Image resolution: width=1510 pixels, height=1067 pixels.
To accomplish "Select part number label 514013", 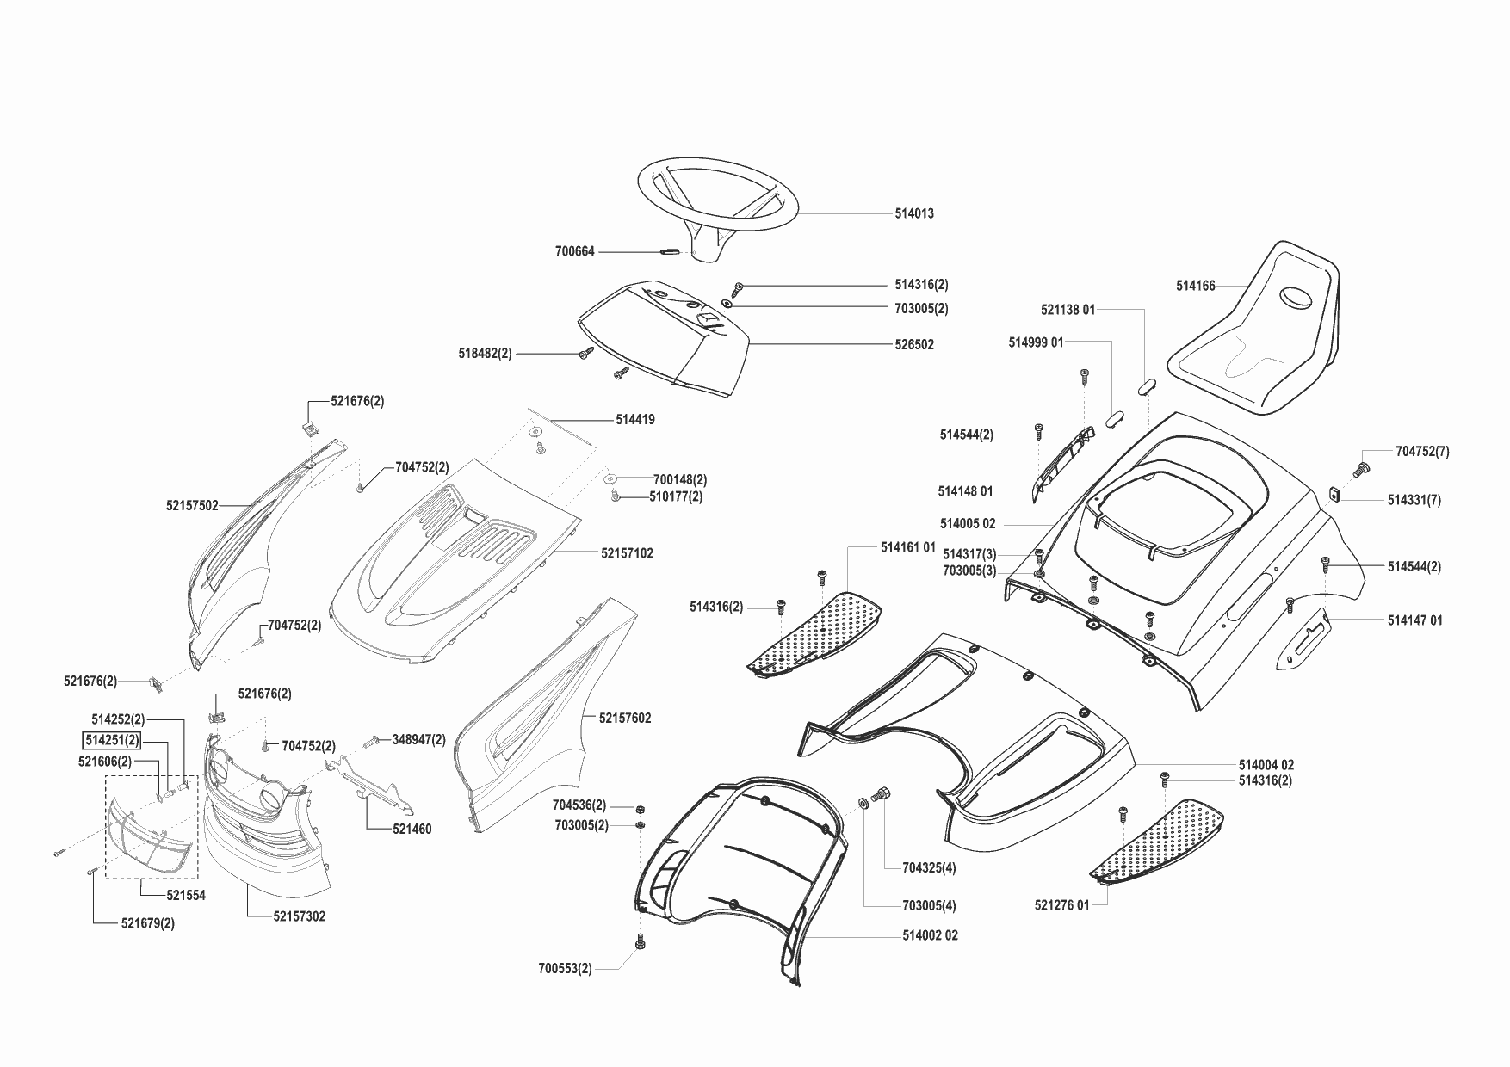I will pyautogui.click(x=913, y=213).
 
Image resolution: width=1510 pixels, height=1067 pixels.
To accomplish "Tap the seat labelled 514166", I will pyautogui.click(x=1257, y=336).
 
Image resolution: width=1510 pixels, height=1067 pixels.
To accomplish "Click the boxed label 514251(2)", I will pyautogui.click(x=111, y=740).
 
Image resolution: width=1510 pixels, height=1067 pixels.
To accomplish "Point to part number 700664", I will pyautogui.click(x=574, y=252).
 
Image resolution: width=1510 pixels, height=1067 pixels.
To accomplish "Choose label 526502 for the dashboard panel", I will pyautogui.click(x=913, y=345).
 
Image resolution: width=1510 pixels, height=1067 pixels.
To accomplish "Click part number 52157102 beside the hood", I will pyautogui.click(x=627, y=553).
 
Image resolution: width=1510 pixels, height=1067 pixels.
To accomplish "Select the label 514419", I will pyautogui.click(x=634, y=420).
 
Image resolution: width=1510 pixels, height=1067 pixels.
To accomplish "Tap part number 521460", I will pyautogui.click(x=412, y=830).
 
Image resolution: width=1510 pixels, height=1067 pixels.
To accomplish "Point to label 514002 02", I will pyautogui.click(x=930, y=935).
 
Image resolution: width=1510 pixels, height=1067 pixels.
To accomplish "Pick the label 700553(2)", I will pyautogui.click(x=565, y=969).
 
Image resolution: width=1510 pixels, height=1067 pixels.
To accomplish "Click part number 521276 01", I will pyautogui.click(x=1061, y=905).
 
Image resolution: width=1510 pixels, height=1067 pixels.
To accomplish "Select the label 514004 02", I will pyautogui.click(x=1266, y=765).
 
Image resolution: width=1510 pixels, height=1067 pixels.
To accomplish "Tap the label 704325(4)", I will pyautogui.click(x=929, y=868).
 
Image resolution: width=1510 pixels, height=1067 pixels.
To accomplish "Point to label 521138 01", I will pyautogui.click(x=1068, y=310).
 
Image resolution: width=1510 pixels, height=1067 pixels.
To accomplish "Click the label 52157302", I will pyautogui.click(x=300, y=917).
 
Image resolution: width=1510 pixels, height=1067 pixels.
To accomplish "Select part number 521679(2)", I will pyautogui.click(x=148, y=923).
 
